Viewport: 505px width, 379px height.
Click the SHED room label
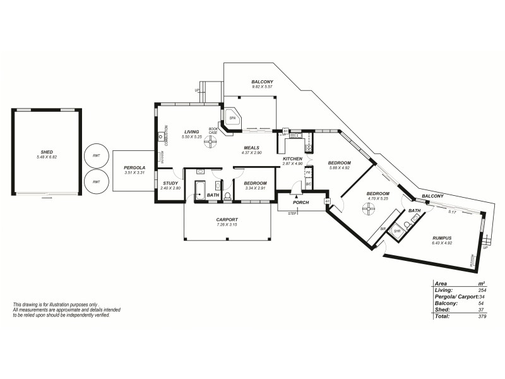pyautogui.click(x=47, y=152)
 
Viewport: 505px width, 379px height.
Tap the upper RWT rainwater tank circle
pyautogui.click(x=96, y=155)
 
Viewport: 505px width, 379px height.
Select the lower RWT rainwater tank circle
pyautogui.click(x=96, y=181)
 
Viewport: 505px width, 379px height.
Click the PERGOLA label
pyautogui.click(x=134, y=167)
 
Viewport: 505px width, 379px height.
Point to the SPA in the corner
pyautogui.click(x=232, y=118)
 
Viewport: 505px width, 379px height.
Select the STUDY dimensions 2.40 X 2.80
pyautogui.click(x=170, y=188)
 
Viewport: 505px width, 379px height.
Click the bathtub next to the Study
pyautogui.click(x=200, y=189)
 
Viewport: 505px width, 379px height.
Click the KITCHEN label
pyautogui.click(x=292, y=159)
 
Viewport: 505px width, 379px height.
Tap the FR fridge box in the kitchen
pyautogui.click(x=308, y=172)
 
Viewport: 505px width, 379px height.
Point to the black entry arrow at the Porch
pyautogui.click(x=296, y=198)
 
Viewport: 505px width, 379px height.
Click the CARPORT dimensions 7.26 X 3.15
pyautogui.click(x=229, y=225)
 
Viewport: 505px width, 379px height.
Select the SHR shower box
pyautogui.click(x=397, y=231)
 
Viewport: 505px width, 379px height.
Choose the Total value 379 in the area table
pyautogui.click(x=482, y=316)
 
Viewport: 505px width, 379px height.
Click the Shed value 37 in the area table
pyautogui.click(x=482, y=310)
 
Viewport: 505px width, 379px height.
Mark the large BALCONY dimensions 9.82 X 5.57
pyautogui.click(x=261, y=87)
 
